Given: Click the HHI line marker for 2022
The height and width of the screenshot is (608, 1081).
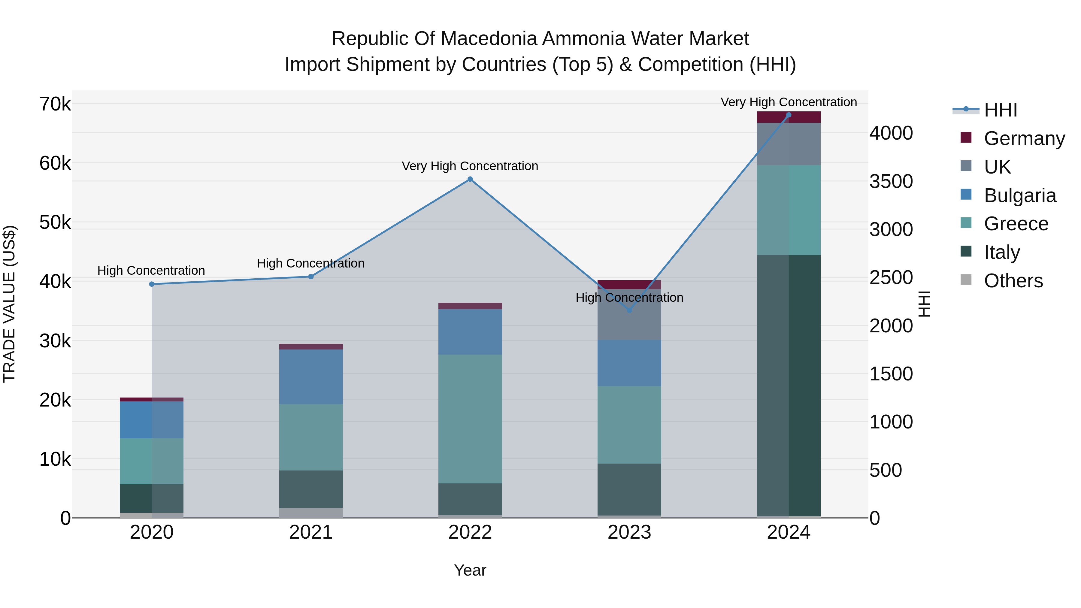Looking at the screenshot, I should [x=470, y=179].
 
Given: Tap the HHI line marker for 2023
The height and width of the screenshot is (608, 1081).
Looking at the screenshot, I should [x=629, y=310].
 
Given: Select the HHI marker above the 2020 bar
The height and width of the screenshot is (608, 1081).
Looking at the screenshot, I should [x=152, y=284].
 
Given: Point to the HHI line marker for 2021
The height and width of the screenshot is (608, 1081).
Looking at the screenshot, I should [x=311, y=277].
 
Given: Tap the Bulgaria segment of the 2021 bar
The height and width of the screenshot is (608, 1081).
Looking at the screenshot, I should [x=311, y=377].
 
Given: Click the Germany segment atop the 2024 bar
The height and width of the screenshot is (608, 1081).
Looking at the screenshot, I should [x=789, y=117].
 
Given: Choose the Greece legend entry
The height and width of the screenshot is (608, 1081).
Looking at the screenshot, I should [x=1016, y=224].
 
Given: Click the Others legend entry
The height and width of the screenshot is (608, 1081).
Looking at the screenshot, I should [x=1013, y=281].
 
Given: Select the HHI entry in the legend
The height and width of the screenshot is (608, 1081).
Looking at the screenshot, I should [x=1001, y=110].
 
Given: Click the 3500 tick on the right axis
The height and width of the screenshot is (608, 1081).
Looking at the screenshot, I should [x=891, y=182].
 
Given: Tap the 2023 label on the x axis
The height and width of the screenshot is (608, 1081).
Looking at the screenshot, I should [x=629, y=532].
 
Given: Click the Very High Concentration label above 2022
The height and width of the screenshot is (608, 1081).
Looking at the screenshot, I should [x=470, y=166].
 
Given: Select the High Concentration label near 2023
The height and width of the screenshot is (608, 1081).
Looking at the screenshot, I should [x=629, y=298].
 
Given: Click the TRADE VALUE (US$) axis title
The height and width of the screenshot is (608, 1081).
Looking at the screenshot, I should [x=9, y=304].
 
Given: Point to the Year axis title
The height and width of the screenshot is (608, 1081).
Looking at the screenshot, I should [x=470, y=570].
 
